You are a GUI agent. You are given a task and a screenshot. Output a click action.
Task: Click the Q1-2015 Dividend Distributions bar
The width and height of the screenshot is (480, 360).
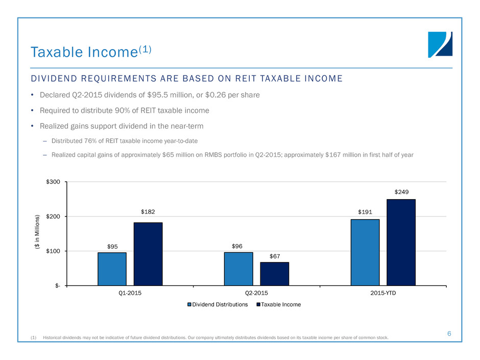tap(112, 269)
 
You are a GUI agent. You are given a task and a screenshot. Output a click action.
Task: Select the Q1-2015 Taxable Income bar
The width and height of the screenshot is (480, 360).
tap(148, 254)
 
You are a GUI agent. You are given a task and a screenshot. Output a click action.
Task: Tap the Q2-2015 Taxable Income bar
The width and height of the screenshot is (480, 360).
tap(275, 274)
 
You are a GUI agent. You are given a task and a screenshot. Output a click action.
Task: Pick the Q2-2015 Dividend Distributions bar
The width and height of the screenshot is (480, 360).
tap(238, 269)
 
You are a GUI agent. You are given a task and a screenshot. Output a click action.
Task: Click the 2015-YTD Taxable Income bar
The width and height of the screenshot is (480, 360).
tap(401, 243)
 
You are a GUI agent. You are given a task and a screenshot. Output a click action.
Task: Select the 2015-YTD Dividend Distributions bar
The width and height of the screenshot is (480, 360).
tap(365, 253)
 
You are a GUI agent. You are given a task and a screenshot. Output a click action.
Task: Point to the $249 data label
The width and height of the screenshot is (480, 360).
tap(401, 192)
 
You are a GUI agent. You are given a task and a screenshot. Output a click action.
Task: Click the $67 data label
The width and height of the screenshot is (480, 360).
tap(275, 256)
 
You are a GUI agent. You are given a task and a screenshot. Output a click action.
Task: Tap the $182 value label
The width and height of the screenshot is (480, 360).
tap(148, 212)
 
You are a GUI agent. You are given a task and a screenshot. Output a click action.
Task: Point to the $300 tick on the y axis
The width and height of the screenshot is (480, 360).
tap(53, 182)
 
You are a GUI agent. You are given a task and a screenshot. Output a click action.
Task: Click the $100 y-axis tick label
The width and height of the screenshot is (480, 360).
tap(53, 251)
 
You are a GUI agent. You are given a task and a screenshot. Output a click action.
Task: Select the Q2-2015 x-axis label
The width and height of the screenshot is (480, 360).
tap(256, 293)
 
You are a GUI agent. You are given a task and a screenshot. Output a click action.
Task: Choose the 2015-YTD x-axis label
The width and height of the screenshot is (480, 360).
tap(383, 293)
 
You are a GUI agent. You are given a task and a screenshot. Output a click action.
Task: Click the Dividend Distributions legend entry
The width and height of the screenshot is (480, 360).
tap(218, 304)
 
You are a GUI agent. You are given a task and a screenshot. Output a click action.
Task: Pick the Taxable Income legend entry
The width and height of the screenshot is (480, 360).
tap(279, 304)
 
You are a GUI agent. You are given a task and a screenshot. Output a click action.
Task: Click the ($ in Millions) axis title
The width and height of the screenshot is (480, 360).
tap(37, 232)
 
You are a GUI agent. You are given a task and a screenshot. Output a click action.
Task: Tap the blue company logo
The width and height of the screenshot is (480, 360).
tap(440, 45)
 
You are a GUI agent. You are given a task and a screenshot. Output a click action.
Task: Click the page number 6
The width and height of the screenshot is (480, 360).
tap(449, 333)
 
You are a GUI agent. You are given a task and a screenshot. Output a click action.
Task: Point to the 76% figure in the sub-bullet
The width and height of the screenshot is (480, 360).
tap(90, 141)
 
